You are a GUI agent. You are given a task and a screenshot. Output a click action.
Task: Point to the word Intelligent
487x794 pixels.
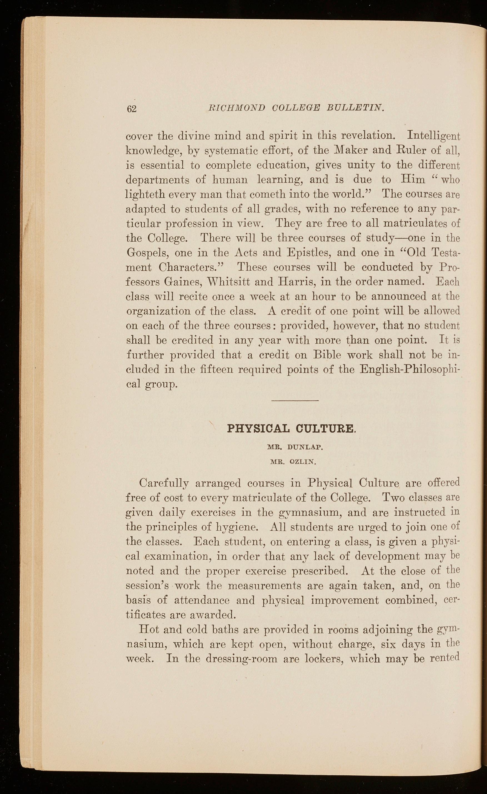433,136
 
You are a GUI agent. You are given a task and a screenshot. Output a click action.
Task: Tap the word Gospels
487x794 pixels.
147,253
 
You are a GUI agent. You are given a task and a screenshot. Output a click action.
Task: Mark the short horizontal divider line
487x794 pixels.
295,401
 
